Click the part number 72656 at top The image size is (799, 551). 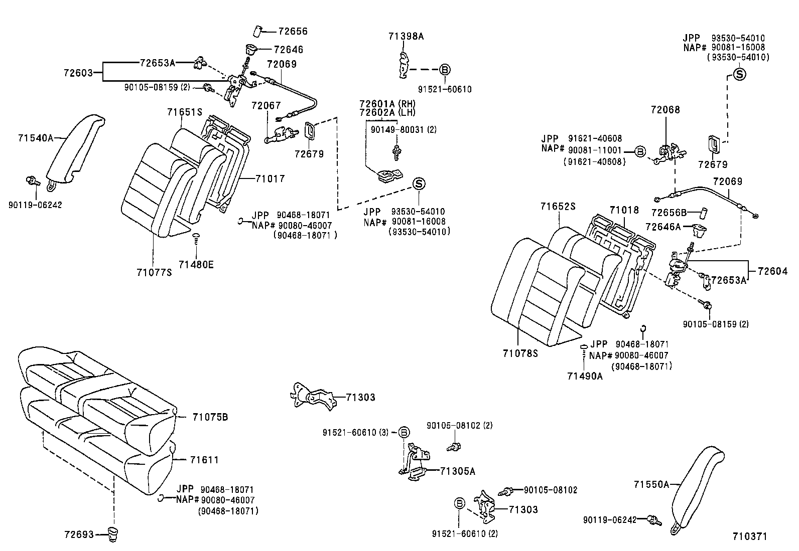click(293, 31)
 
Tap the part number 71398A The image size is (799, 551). click(406, 36)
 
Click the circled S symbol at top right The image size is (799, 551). click(739, 75)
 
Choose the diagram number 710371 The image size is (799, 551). click(750, 536)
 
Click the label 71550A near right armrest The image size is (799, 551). click(651, 484)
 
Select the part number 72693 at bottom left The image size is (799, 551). click(79, 535)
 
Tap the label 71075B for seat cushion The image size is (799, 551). click(210, 417)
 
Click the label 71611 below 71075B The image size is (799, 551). click(204, 460)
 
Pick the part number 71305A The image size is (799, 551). click(458, 471)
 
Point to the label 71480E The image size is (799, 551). click(196, 264)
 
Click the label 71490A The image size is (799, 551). click(585, 376)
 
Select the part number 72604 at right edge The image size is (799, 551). click(772, 271)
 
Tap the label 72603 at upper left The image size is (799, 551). click(78, 73)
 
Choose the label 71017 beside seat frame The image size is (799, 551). click(270, 178)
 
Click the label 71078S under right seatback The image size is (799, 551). click(520, 353)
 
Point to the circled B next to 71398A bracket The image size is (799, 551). click(444, 69)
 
